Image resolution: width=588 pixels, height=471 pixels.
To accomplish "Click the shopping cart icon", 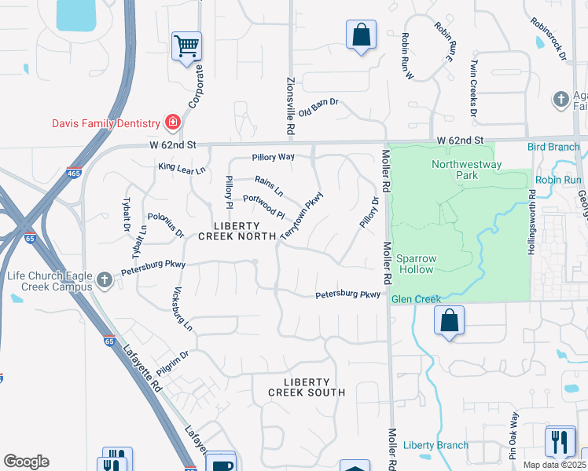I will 187,46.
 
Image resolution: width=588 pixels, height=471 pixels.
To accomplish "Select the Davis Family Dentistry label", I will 105,123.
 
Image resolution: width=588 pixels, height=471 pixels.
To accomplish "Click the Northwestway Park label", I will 455,170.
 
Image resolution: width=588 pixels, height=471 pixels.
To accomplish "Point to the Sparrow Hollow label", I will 414,264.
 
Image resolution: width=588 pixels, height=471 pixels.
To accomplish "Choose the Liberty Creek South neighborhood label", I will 306,386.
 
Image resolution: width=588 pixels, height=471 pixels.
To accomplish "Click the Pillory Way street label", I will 273,157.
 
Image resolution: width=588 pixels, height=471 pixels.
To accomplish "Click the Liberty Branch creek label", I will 435,445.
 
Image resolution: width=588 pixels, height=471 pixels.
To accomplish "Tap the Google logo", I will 26,462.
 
